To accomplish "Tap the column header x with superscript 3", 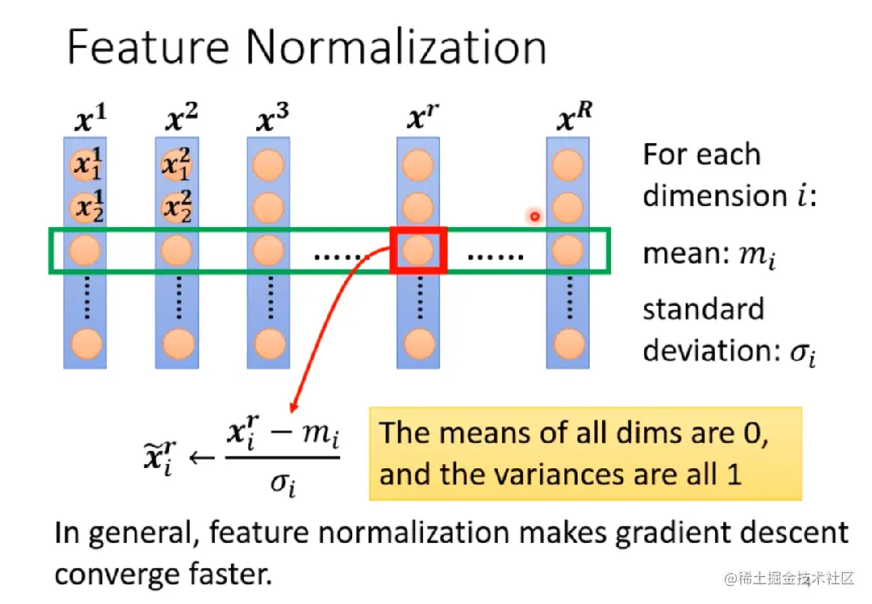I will (x=272, y=120).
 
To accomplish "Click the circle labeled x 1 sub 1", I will (x=85, y=166).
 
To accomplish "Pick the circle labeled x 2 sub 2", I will (x=177, y=209).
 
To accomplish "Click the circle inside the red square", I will (x=418, y=250).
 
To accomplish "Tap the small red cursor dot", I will (x=534, y=216).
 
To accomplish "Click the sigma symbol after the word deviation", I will (x=800, y=352).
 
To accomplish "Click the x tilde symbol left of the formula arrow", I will (x=159, y=455).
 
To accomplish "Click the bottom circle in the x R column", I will (x=568, y=344).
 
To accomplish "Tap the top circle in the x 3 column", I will (x=268, y=166).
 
